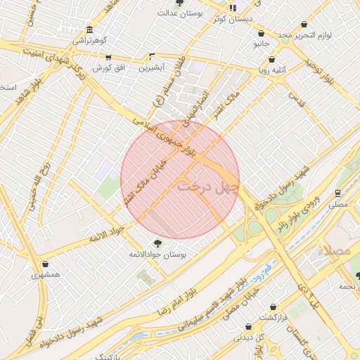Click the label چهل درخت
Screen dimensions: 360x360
tap(208, 187)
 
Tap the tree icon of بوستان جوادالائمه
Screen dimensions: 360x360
tap(156, 243)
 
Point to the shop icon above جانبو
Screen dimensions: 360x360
tap(262, 33)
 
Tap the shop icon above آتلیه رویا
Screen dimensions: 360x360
tap(271, 60)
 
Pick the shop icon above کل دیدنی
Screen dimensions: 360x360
tap(248, 326)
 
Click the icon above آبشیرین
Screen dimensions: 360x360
tap(151, 57)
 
